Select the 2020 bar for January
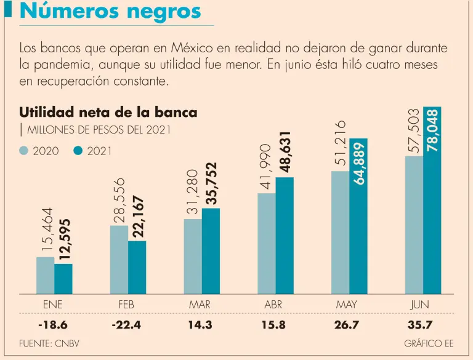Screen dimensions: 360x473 point(45,275)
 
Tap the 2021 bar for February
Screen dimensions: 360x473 point(137,267)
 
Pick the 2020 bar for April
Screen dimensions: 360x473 point(267,243)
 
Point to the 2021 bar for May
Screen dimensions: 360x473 point(358,215)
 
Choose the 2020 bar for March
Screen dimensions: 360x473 point(193,256)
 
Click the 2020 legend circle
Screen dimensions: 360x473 point(25,151)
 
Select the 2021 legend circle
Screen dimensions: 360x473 point(78,151)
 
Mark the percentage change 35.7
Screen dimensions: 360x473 point(420,325)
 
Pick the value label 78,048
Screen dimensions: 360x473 point(432,130)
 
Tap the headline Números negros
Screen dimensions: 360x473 point(111,11)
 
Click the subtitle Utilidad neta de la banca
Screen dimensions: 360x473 point(108,113)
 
